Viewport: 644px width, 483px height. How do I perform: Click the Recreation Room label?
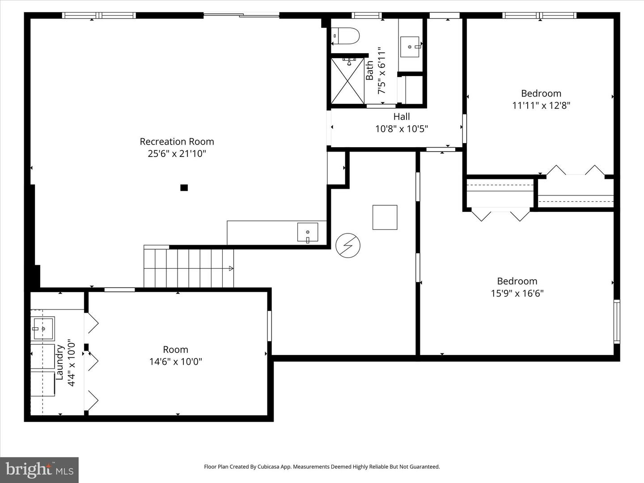177,141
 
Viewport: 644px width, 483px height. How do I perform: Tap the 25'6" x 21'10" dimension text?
177,154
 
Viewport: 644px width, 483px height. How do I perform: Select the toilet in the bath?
347,36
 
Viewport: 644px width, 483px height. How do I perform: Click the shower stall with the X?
347,80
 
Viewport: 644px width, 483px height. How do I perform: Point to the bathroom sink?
410,47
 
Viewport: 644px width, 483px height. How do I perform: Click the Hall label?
402,117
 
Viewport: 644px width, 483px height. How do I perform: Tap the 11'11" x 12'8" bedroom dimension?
541,106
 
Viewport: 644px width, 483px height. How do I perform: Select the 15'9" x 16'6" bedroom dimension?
517,293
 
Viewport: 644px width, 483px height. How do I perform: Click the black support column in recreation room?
184,188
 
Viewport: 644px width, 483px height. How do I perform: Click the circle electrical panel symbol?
348,246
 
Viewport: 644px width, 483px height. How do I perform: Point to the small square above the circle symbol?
385,217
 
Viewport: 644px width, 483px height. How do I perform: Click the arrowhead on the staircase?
231,268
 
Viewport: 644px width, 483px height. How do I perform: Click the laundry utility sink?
43,329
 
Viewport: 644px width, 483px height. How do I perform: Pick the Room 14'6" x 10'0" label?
175,356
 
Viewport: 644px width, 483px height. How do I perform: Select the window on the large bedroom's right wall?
617,321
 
